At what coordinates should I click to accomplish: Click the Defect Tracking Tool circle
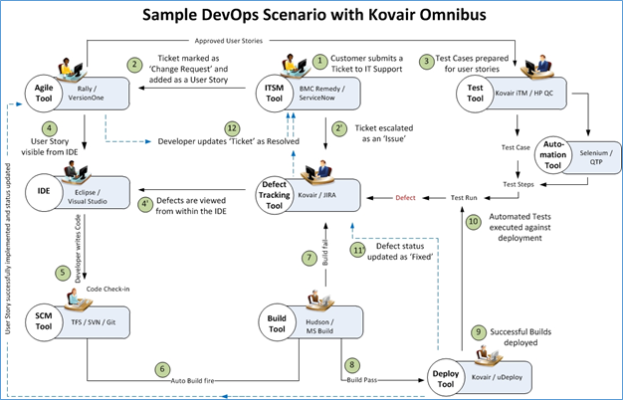275,193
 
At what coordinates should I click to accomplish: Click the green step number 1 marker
319,60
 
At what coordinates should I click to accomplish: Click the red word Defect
406,198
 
